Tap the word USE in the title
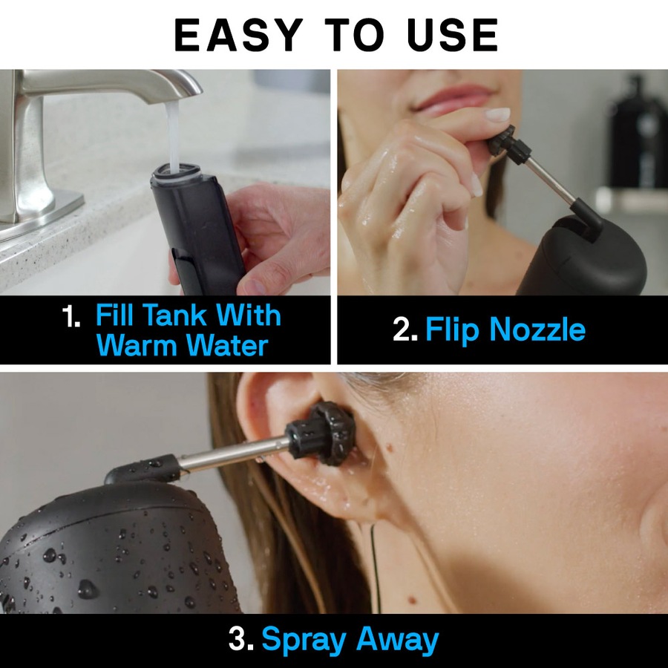point(448,34)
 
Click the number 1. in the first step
point(71,317)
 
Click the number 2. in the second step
point(405,330)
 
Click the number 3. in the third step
point(242,640)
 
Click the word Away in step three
point(398,640)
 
